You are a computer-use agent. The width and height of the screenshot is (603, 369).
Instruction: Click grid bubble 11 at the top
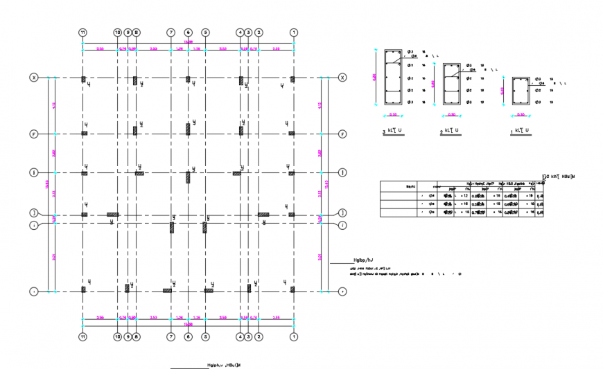pos(82,33)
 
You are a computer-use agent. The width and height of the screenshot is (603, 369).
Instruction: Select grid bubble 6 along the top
pos(188,33)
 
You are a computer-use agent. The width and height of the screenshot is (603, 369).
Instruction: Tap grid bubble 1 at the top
pos(294,33)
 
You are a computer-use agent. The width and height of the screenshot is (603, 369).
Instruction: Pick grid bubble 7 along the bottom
pos(171,336)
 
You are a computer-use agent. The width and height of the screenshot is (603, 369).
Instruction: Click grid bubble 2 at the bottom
pos(259,336)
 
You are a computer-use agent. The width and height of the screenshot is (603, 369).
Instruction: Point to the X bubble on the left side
pos(33,78)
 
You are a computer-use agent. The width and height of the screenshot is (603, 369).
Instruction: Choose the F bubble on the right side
pos(342,133)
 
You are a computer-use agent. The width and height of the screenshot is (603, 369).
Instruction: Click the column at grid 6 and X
pos(188,80)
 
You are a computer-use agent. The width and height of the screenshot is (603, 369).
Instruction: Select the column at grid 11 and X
pos(83,80)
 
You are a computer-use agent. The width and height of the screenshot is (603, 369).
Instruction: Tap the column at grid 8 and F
pos(136,130)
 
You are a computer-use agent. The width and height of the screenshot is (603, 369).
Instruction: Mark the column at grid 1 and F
pos(292,133)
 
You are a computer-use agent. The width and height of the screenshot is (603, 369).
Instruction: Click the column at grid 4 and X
pos(241,81)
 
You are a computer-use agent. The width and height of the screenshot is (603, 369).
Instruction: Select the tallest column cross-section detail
pos(394,78)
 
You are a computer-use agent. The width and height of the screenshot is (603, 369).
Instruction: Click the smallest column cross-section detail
pos(521,91)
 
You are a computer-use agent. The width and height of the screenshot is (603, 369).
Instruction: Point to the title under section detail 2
pos(451,131)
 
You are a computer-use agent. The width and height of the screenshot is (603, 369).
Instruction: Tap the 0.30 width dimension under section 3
pos(393,114)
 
